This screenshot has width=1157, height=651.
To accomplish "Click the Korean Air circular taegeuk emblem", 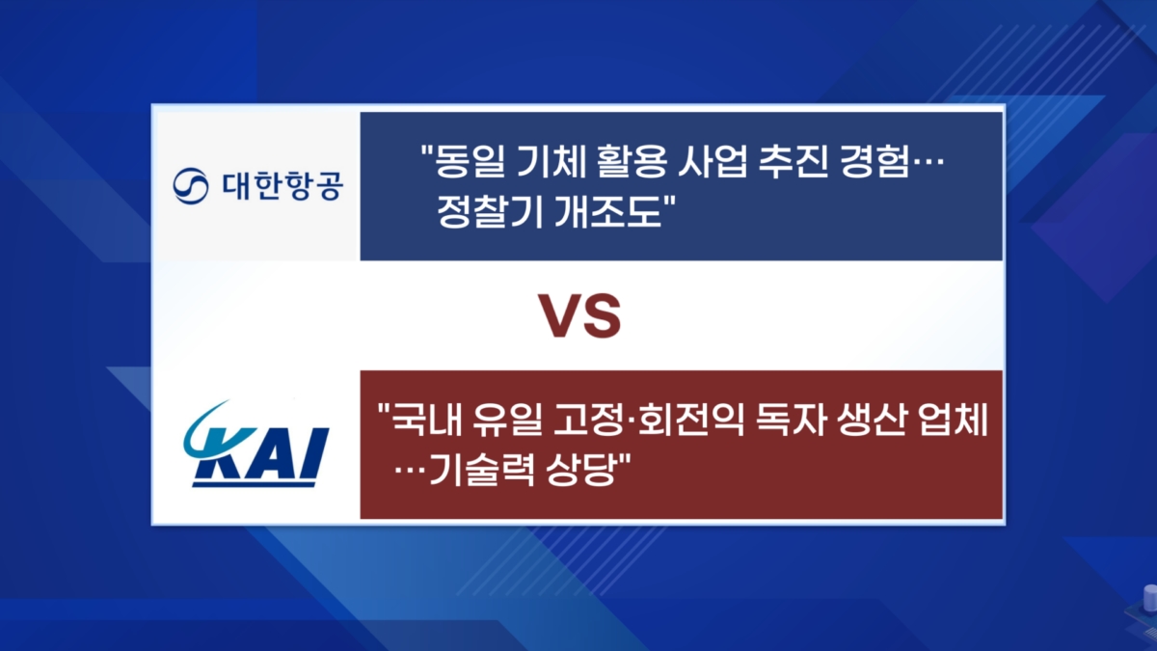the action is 191,186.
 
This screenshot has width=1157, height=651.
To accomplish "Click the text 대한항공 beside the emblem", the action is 283,186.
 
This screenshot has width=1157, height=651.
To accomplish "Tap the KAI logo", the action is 256,444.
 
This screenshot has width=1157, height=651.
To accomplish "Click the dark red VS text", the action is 579,316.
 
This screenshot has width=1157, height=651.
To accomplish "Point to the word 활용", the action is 632,161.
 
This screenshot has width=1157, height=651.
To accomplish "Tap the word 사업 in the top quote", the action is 713,161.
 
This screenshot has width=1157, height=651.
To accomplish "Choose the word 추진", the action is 794,161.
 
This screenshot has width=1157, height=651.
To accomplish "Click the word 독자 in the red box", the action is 790,420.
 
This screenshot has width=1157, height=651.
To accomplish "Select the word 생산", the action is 872,420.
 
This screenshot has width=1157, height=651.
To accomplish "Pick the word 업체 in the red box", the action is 953,420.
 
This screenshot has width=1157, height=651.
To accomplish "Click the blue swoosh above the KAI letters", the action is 199,423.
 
